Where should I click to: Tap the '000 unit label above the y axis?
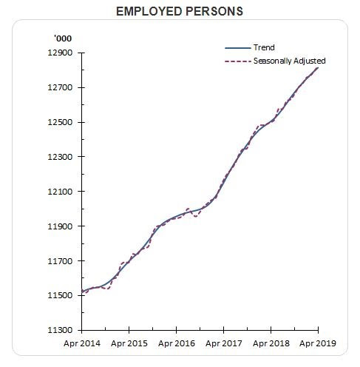(x=63, y=38)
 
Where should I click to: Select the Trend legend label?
(x=264, y=47)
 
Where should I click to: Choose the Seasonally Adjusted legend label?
(x=290, y=61)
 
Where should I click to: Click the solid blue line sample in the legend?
(x=237, y=48)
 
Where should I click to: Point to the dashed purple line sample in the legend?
(x=237, y=61)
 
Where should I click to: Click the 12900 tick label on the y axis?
(x=60, y=53)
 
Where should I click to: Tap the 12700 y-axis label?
(x=60, y=87)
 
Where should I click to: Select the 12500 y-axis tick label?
(x=60, y=122)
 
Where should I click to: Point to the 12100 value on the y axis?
(x=60, y=192)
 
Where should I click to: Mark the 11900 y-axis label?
(x=60, y=226)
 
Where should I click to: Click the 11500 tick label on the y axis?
(x=60, y=295)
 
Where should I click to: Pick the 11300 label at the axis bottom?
(x=60, y=330)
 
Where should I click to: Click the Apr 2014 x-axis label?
(x=82, y=343)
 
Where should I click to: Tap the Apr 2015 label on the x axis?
(x=129, y=343)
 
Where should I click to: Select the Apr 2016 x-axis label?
(x=177, y=343)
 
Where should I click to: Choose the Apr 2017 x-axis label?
(x=224, y=343)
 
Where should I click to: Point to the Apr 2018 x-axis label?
(x=271, y=343)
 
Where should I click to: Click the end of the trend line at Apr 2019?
(x=318, y=67)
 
